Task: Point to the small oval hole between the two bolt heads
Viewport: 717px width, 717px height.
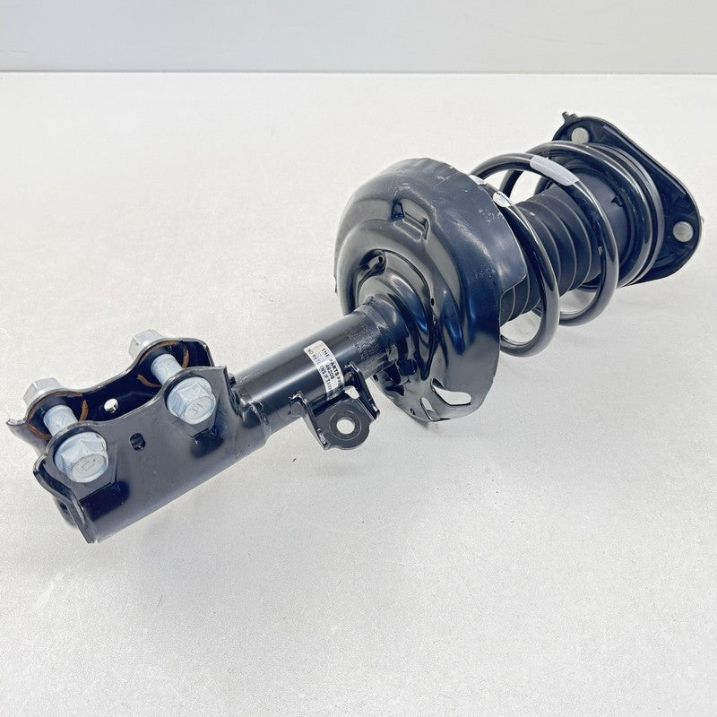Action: tap(135, 441)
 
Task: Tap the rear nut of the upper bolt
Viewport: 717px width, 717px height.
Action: tap(143, 343)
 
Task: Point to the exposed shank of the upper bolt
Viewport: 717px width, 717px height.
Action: tap(165, 367)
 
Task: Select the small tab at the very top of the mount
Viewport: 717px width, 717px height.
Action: tap(566, 117)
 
